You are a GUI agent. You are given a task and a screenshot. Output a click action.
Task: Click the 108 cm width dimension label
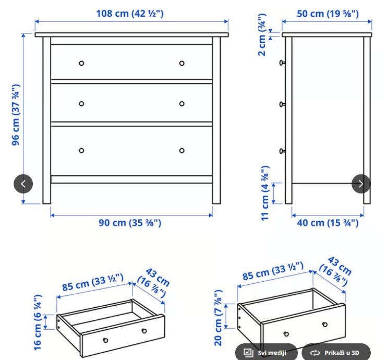pyautogui.click(x=130, y=14)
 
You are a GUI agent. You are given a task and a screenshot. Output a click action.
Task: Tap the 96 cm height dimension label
pyautogui.click(x=16, y=115)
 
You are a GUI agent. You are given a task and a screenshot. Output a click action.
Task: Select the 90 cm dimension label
pyautogui.click(x=130, y=223)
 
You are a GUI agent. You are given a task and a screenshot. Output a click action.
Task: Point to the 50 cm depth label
pyautogui.click(x=328, y=14)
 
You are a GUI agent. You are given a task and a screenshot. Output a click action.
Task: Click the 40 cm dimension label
pyautogui.click(x=328, y=223)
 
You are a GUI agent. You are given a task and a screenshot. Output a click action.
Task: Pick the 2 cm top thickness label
pyautogui.click(x=262, y=35)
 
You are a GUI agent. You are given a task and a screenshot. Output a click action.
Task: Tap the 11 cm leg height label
pyautogui.click(x=265, y=194)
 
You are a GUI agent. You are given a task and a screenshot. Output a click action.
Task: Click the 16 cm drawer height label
pyautogui.click(x=38, y=322)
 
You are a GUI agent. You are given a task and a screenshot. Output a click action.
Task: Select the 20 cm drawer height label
pyautogui.click(x=218, y=318)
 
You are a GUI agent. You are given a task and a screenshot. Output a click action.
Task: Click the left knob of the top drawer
pyautogui.click(x=81, y=63)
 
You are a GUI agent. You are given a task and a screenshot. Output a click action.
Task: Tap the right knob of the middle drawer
pyautogui.click(x=182, y=104)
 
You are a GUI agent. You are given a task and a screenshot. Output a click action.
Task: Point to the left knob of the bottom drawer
pyautogui.click(x=81, y=150)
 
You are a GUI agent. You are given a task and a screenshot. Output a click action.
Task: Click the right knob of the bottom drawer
pyautogui.click(x=182, y=150)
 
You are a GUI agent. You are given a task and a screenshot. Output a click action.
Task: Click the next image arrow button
pyautogui.click(x=361, y=184)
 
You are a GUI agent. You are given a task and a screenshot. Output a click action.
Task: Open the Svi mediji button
pyautogui.click(x=266, y=352)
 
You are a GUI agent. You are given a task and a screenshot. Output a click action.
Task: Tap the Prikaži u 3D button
pyautogui.click(x=336, y=352)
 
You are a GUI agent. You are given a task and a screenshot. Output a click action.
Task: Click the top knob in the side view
pyautogui.click(x=282, y=63)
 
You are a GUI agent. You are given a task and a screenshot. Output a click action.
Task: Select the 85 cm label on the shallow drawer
pyautogui.click(x=93, y=282)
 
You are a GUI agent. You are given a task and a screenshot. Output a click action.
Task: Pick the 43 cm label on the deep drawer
pyautogui.click(x=335, y=271)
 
